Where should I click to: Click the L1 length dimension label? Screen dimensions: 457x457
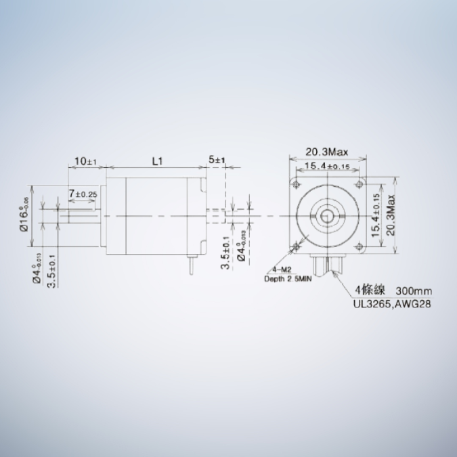point(157,162)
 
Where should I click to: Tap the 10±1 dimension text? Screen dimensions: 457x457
point(86,162)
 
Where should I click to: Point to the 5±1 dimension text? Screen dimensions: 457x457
point(217,160)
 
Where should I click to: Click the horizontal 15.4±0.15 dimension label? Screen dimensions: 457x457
point(326,166)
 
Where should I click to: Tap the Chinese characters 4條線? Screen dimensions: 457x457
point(369,291)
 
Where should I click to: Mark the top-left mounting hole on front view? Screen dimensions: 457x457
point(296,183)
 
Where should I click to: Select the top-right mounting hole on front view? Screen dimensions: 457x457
point(359,183)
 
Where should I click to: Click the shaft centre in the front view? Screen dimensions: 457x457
point(327,215)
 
